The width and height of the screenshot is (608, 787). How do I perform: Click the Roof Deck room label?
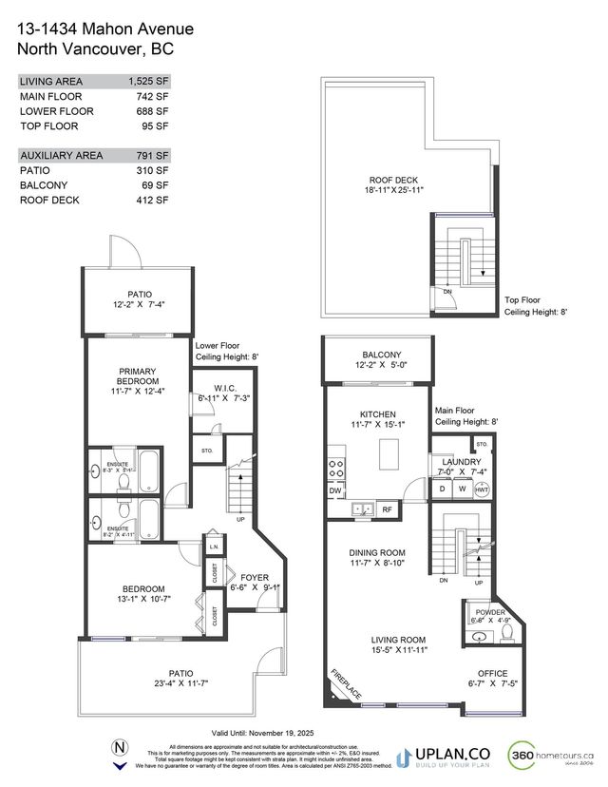[393, 180]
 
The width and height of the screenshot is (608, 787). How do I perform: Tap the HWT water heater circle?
[482, 489]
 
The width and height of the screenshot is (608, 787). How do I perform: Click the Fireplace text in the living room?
[346, 681]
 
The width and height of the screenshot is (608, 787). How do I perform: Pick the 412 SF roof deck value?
[151, 201]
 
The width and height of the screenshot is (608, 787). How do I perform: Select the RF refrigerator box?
[387, 509]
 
